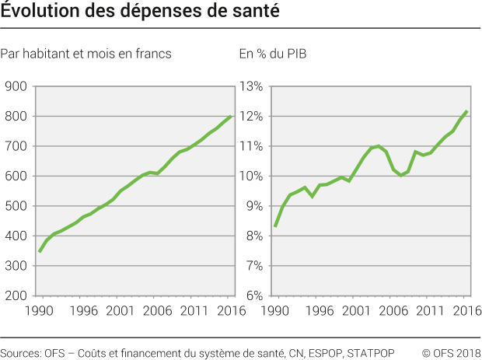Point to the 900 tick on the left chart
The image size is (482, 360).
tap(16, 86)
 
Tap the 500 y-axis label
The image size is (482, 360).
tap(16, 206)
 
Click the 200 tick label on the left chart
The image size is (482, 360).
tap(16, 295)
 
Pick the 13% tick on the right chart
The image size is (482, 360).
tap(253, 86)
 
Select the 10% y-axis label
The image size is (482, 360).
tap(253, 177)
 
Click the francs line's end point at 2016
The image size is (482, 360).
tap(232, 116)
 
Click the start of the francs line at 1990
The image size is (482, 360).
tap(38, 252)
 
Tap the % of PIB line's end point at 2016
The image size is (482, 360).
tap(466, 111)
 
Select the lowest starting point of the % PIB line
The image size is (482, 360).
tap(274, 226)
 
